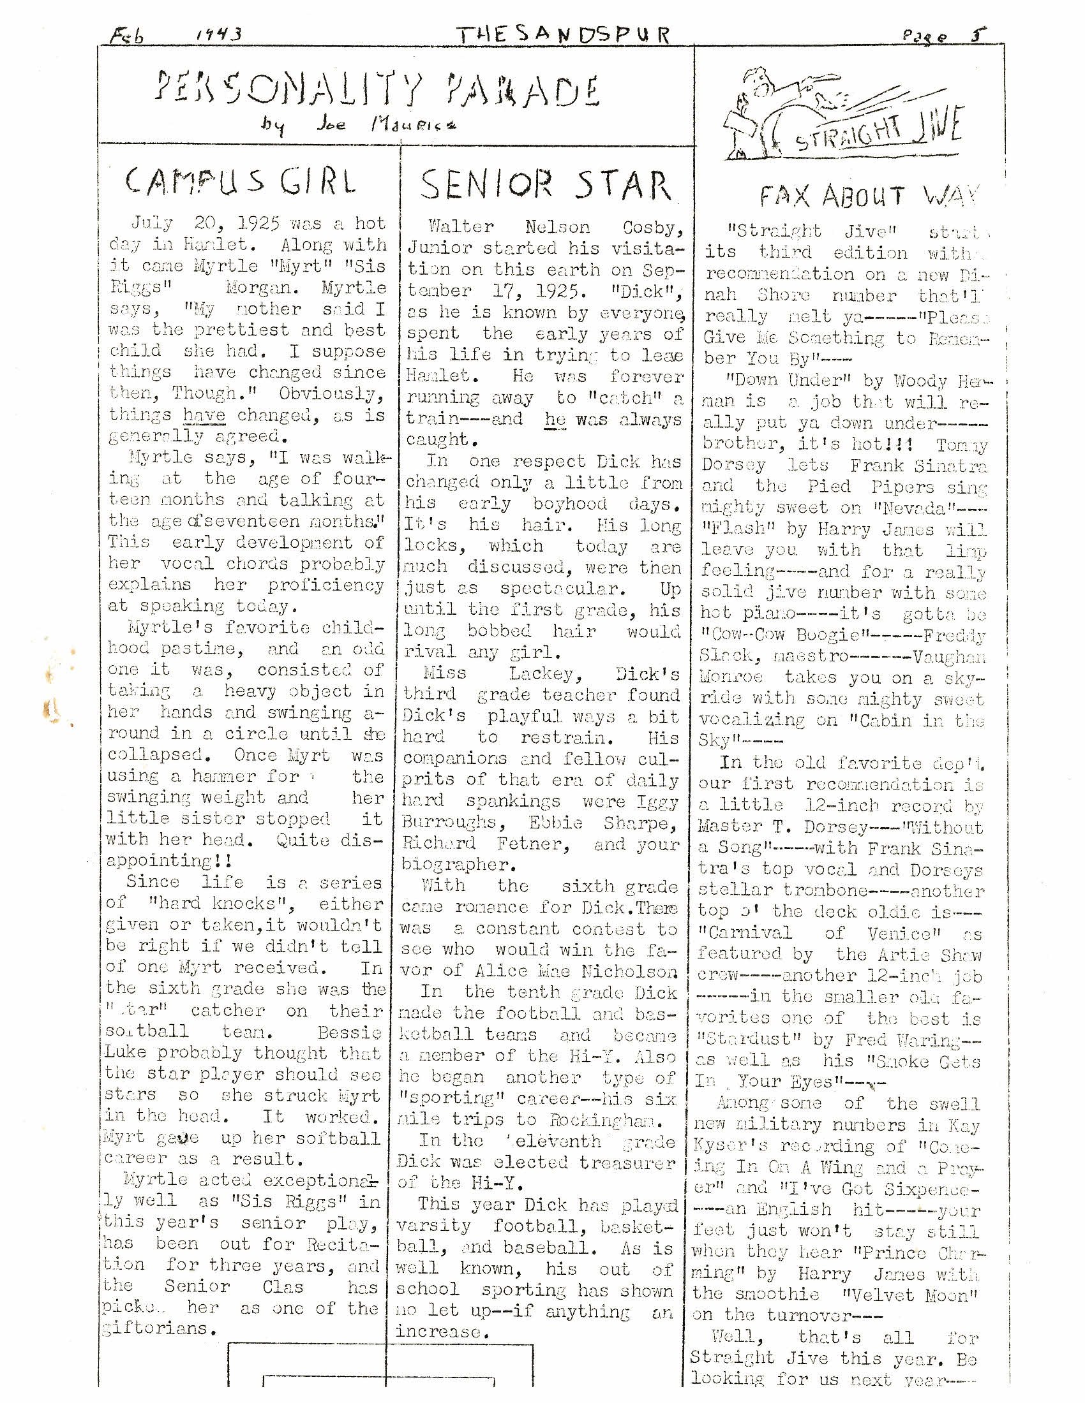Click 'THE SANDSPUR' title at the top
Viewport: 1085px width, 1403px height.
562,34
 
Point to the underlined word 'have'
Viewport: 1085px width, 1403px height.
204,415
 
